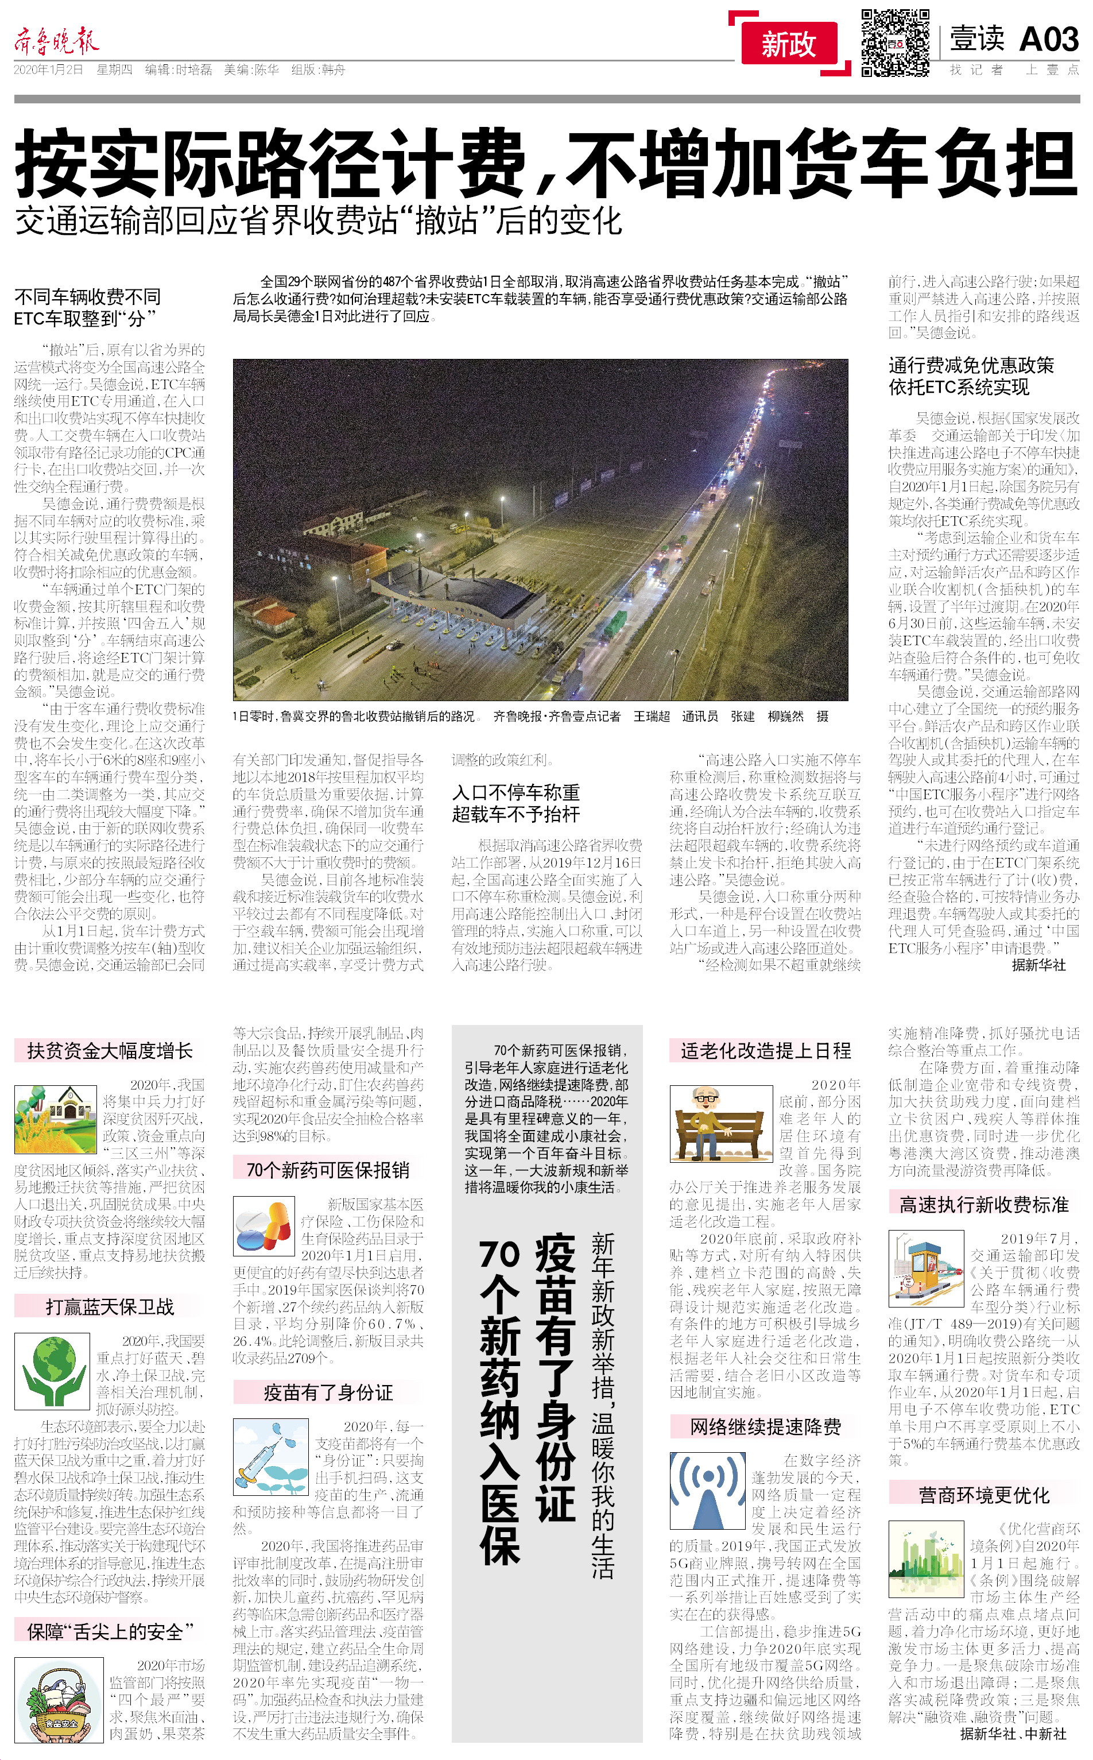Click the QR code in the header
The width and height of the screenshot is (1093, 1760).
(x=895, y=42)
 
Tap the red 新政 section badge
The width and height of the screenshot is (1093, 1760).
(x=789, y=44)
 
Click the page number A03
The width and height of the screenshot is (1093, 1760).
(x=1049, y=39)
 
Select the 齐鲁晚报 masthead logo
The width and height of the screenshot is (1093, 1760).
(x=56, y=42)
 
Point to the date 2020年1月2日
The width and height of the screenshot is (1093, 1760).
(x=48, y=70)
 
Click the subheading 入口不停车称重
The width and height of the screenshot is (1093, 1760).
(x=516, y=792)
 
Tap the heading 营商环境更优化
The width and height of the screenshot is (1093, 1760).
(x=984, y=1495)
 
